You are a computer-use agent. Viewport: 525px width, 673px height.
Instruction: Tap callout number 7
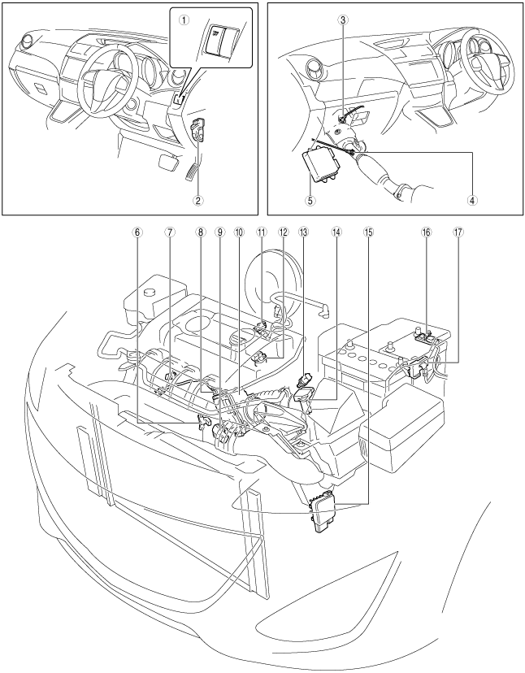(x=169, y=231)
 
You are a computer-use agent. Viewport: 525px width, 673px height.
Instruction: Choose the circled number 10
(x=238, y=231)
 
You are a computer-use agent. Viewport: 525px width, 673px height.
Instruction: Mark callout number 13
(x=303, y=231)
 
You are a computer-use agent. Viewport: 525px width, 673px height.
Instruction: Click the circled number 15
(x=369, y=231)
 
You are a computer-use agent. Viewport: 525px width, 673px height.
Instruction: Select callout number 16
(x=426, y=231)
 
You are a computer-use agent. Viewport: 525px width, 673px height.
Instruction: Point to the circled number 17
(x=459, y=231)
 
